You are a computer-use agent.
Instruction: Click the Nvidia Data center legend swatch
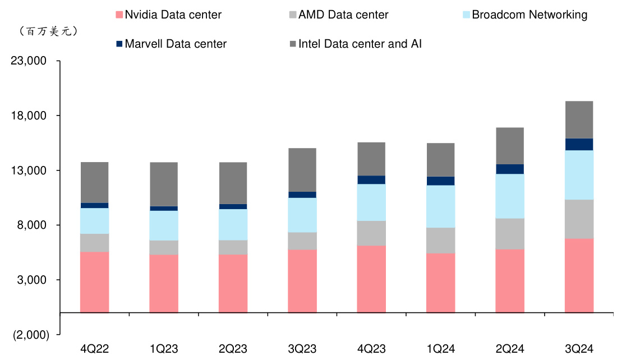coord(118,15)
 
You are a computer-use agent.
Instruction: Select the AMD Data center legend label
coord(343,15)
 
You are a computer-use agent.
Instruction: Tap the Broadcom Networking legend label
coord(530,15)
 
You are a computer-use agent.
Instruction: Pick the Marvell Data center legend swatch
coord(118,43)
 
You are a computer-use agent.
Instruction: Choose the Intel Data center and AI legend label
coord(360,43)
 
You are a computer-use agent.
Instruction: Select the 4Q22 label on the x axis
coord(94,349)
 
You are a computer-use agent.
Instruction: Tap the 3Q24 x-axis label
coord(579,349)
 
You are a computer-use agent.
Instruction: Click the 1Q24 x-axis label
coord(440,349)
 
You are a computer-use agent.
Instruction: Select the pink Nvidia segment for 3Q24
coord(579,275)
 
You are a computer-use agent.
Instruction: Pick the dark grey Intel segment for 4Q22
coord(94,182)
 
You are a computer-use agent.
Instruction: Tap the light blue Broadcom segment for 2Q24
coord(510,196)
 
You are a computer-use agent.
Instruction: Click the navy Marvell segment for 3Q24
coord(579,144)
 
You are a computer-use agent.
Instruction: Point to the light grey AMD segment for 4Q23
coord(371,233)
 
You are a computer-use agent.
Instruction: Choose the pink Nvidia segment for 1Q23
coord(164,283)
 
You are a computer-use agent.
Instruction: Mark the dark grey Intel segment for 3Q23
coord(302,170)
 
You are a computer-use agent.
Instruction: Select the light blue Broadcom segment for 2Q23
coord(233,224)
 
